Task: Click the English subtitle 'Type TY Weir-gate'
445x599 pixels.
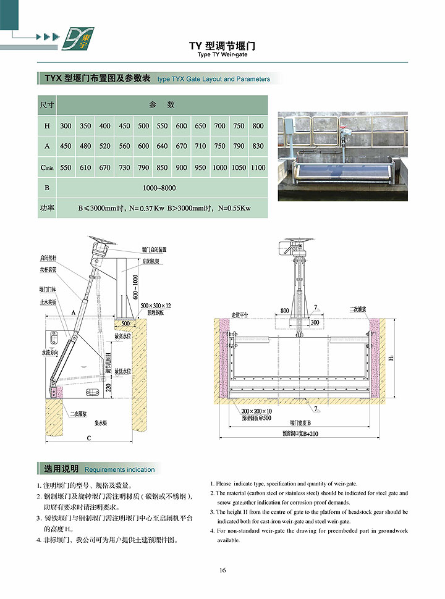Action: tap(222, 54)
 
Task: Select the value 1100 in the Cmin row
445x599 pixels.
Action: tap(258, 167)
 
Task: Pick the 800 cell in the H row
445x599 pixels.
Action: tap(258, 126)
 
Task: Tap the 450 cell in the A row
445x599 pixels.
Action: tap(66, 146)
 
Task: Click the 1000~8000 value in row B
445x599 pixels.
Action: tap(161, 188)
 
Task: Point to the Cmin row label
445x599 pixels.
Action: tap(46, 167)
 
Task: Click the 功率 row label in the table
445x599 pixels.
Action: tap(46, 208)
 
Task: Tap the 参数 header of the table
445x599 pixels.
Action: tap(161, 105)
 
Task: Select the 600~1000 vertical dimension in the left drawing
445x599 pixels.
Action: tap(135, 287)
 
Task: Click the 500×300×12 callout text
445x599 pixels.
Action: tap(156, 306)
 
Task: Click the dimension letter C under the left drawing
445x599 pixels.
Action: tap(88, 438)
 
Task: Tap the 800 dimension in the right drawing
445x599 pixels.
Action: tap(285, 311)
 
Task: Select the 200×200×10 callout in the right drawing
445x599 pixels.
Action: tap(256, 411)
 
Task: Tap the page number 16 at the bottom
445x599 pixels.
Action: tap(222, 570)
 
